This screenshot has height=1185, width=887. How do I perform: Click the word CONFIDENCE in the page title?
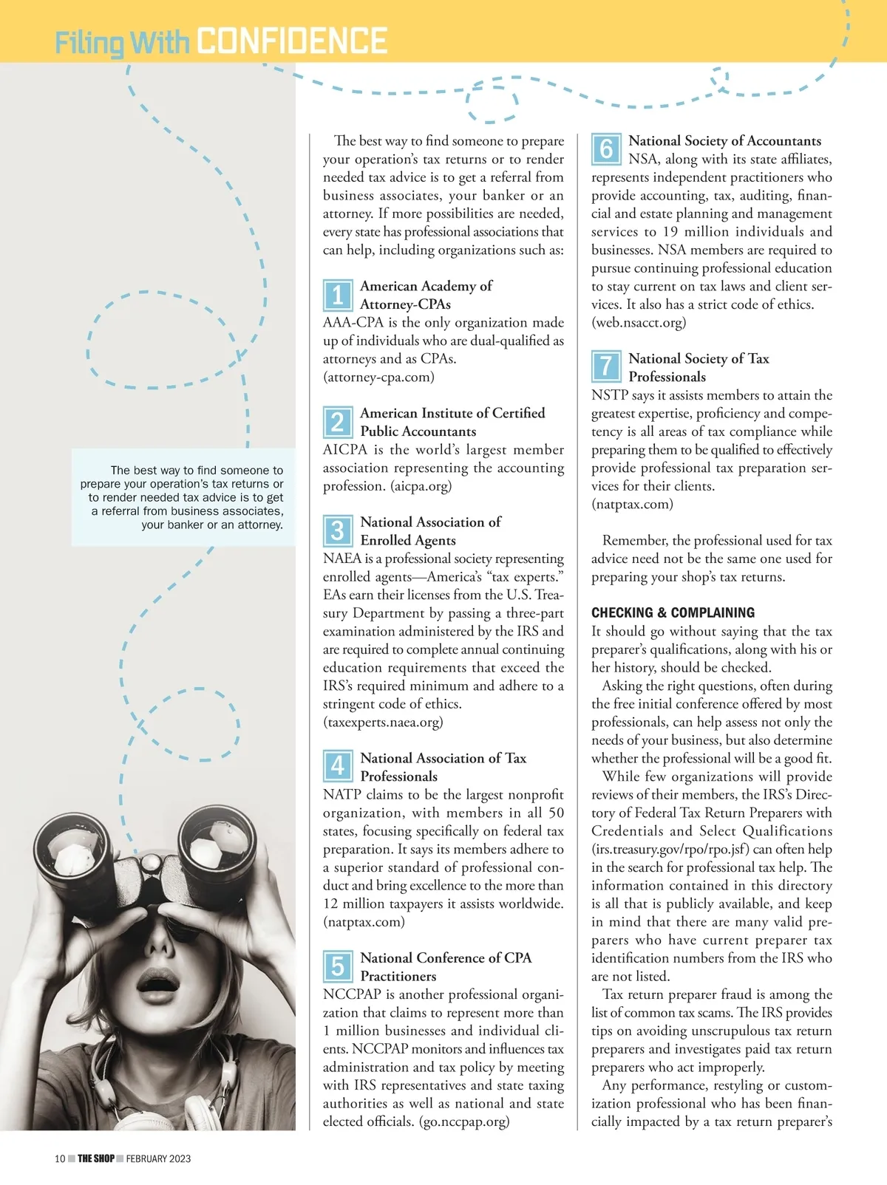[x=293, y=41]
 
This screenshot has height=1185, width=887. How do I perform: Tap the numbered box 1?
[x=337, y=295]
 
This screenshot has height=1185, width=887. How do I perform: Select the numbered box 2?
[x=337, y=422]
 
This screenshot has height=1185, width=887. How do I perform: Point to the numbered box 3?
[x=337, y=530]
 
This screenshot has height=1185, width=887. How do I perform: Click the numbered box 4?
[x=337, y=766]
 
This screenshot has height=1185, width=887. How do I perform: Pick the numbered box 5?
[x=337, y=966]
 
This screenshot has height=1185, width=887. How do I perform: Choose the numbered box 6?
[x=605, y=149]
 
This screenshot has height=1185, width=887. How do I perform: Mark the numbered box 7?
[x=605, y=366]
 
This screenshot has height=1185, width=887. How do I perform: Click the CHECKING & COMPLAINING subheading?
[x=673, y=612]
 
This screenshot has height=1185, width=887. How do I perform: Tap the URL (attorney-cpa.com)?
[x=378, y=377]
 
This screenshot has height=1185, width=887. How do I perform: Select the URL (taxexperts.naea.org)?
[x=383, y=722]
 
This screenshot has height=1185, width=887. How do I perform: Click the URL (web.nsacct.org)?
[x=639, y=322]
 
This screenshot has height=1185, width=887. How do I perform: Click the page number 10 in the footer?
[x=60, y=1158]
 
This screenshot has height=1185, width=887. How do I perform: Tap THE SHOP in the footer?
[x=96, y=1158]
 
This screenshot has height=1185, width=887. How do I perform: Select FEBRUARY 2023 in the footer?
[x=158, y=1158]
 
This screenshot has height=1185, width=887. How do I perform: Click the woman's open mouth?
[x=157, y=984]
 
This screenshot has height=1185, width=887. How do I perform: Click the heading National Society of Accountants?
[x=724, y=140]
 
